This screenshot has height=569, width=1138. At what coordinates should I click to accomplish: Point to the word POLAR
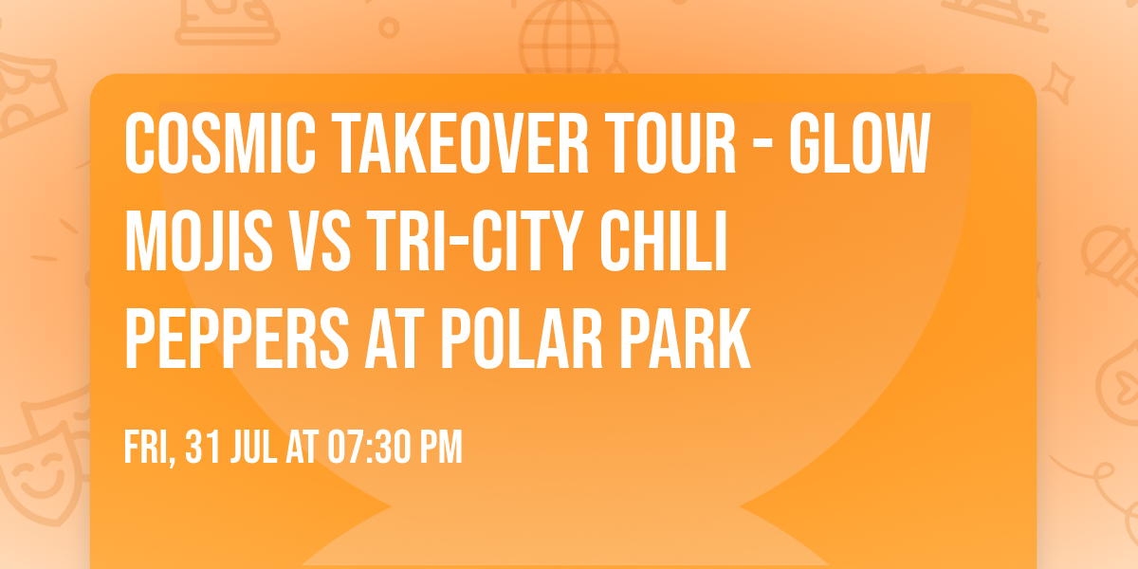pos(511,338)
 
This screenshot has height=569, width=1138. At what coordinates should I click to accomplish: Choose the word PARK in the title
pos(692,338)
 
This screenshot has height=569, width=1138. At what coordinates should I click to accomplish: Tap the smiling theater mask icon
pos(38,469)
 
